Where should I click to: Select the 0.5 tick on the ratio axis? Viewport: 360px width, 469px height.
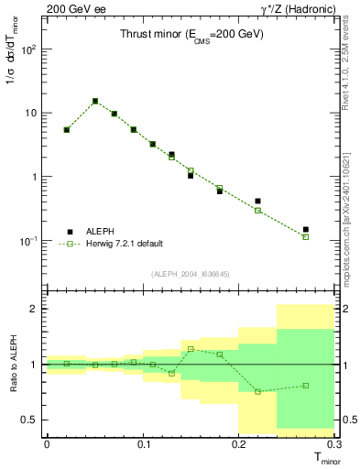pos(31,420)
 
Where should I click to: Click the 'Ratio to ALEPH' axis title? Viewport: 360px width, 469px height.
pos(10,364)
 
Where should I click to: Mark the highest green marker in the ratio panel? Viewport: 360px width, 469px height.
pos(191,349)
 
